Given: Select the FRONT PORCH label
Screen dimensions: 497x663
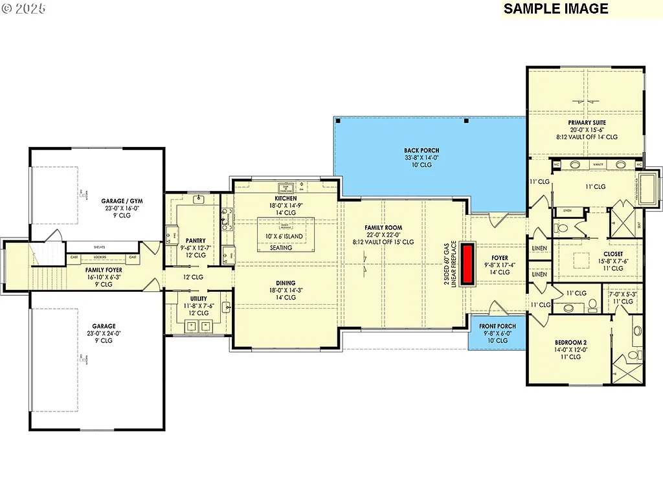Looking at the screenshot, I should [498, 326].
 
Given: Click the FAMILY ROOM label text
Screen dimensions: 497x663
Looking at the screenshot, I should [383, 228].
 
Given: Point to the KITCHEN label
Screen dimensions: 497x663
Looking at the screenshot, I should [286, 199].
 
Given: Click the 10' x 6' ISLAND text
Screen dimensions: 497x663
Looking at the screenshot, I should [285, 237].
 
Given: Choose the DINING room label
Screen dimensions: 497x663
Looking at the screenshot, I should [286, 283].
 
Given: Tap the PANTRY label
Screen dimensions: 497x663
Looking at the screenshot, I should [196, 241].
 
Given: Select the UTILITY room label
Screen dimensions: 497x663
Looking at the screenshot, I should [199, 298].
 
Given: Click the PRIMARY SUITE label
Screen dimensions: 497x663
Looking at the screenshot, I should [587, 122].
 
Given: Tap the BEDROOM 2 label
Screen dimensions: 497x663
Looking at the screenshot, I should [570, 342].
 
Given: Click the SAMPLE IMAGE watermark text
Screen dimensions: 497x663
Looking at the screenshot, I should [556, 8].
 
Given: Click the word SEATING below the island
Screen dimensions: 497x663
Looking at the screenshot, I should [281, 248].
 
